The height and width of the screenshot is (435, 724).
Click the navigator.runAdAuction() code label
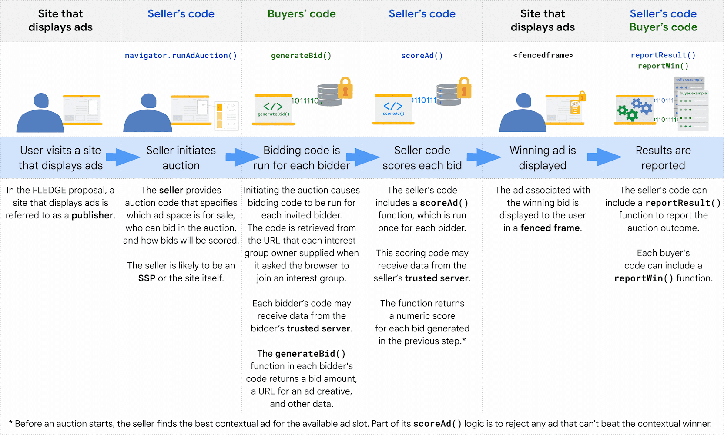[x=181, y=56]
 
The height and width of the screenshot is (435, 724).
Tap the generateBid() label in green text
[x=301, y=56]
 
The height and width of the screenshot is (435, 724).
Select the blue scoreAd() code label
[x=422, y=56]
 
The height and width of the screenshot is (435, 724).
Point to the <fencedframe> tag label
[x=543, y=55]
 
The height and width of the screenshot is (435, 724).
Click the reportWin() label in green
[x=663, y=66]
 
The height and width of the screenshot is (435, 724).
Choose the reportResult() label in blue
[x=663, y=55]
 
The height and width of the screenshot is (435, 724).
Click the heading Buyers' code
[x=302, y=14]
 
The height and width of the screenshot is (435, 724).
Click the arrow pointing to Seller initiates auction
[x=123, y=157]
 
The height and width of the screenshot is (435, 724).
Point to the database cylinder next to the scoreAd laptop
[x=448, y=95]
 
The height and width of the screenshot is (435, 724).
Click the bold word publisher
[x=92, y=215]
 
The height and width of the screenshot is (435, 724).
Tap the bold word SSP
[x=147, y=278]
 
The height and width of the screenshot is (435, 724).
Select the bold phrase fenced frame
[x=550, y=228]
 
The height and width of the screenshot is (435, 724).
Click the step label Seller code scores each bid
[x=422, y=158]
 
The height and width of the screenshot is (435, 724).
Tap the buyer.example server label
[x=693, y=93]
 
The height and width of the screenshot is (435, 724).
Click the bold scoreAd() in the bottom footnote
[x=437, y=424]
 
